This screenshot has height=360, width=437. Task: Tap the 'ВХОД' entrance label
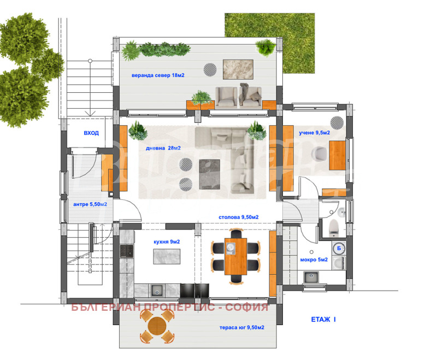(91, 133)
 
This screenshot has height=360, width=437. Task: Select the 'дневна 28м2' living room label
(163, 148)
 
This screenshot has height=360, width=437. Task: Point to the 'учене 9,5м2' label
(314, 133)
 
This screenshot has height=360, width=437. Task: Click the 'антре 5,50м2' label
(90, 204)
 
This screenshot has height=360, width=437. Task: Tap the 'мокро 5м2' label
(314, 260)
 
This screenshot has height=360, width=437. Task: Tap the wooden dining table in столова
(236, 256)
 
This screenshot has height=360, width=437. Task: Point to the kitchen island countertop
(167, 256)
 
